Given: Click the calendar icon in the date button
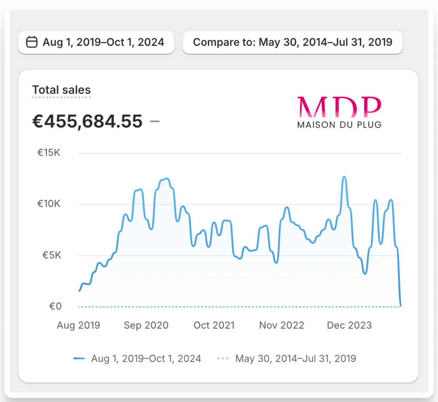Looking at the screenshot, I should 32,42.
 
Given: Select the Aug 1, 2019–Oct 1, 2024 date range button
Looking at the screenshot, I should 96,42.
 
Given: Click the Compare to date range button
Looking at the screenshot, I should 292,42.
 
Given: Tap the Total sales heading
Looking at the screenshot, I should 61,90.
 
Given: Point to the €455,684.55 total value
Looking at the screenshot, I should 87,121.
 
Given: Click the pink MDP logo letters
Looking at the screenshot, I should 339,108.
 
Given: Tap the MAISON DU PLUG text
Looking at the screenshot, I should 339,125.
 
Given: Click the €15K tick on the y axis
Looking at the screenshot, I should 49,153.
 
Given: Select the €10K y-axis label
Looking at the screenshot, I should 49,204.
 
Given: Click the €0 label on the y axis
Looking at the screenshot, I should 55,306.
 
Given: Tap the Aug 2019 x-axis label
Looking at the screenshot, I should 78,325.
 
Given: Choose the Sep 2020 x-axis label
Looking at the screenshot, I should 146,325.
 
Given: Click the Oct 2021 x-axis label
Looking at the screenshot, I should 214,325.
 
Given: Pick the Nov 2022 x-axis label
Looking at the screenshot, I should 281,325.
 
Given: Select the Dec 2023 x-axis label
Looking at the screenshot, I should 349,325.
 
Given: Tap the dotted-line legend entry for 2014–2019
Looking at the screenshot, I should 287,359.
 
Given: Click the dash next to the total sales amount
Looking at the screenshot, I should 155,121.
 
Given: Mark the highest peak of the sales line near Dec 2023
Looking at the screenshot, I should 344,177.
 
